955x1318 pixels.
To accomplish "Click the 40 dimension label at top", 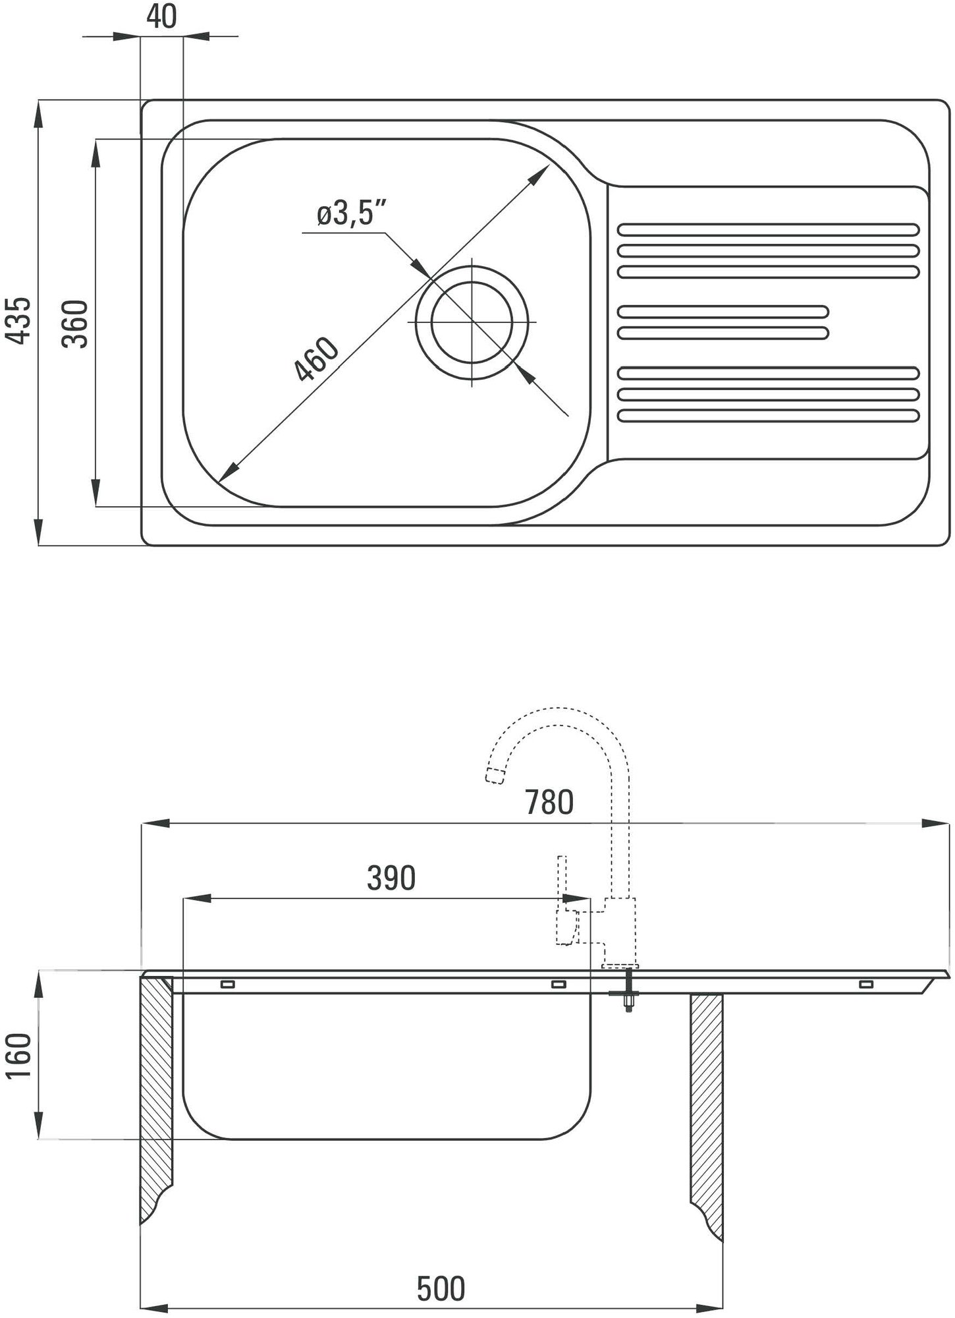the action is (161, 17).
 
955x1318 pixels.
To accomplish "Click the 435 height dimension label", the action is (20, 320).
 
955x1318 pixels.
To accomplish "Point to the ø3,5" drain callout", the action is (351, 214).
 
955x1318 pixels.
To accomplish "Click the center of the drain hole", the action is (472, 322).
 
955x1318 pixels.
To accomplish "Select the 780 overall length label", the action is (549, 802).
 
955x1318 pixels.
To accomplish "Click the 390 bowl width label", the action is (391, 878).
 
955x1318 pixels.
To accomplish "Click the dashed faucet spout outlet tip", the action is (495, 776).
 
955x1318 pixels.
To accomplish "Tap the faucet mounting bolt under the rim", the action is (628, 988).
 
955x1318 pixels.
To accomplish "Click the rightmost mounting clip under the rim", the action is (865, 985).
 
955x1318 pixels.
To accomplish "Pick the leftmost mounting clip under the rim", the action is (228, 985).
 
